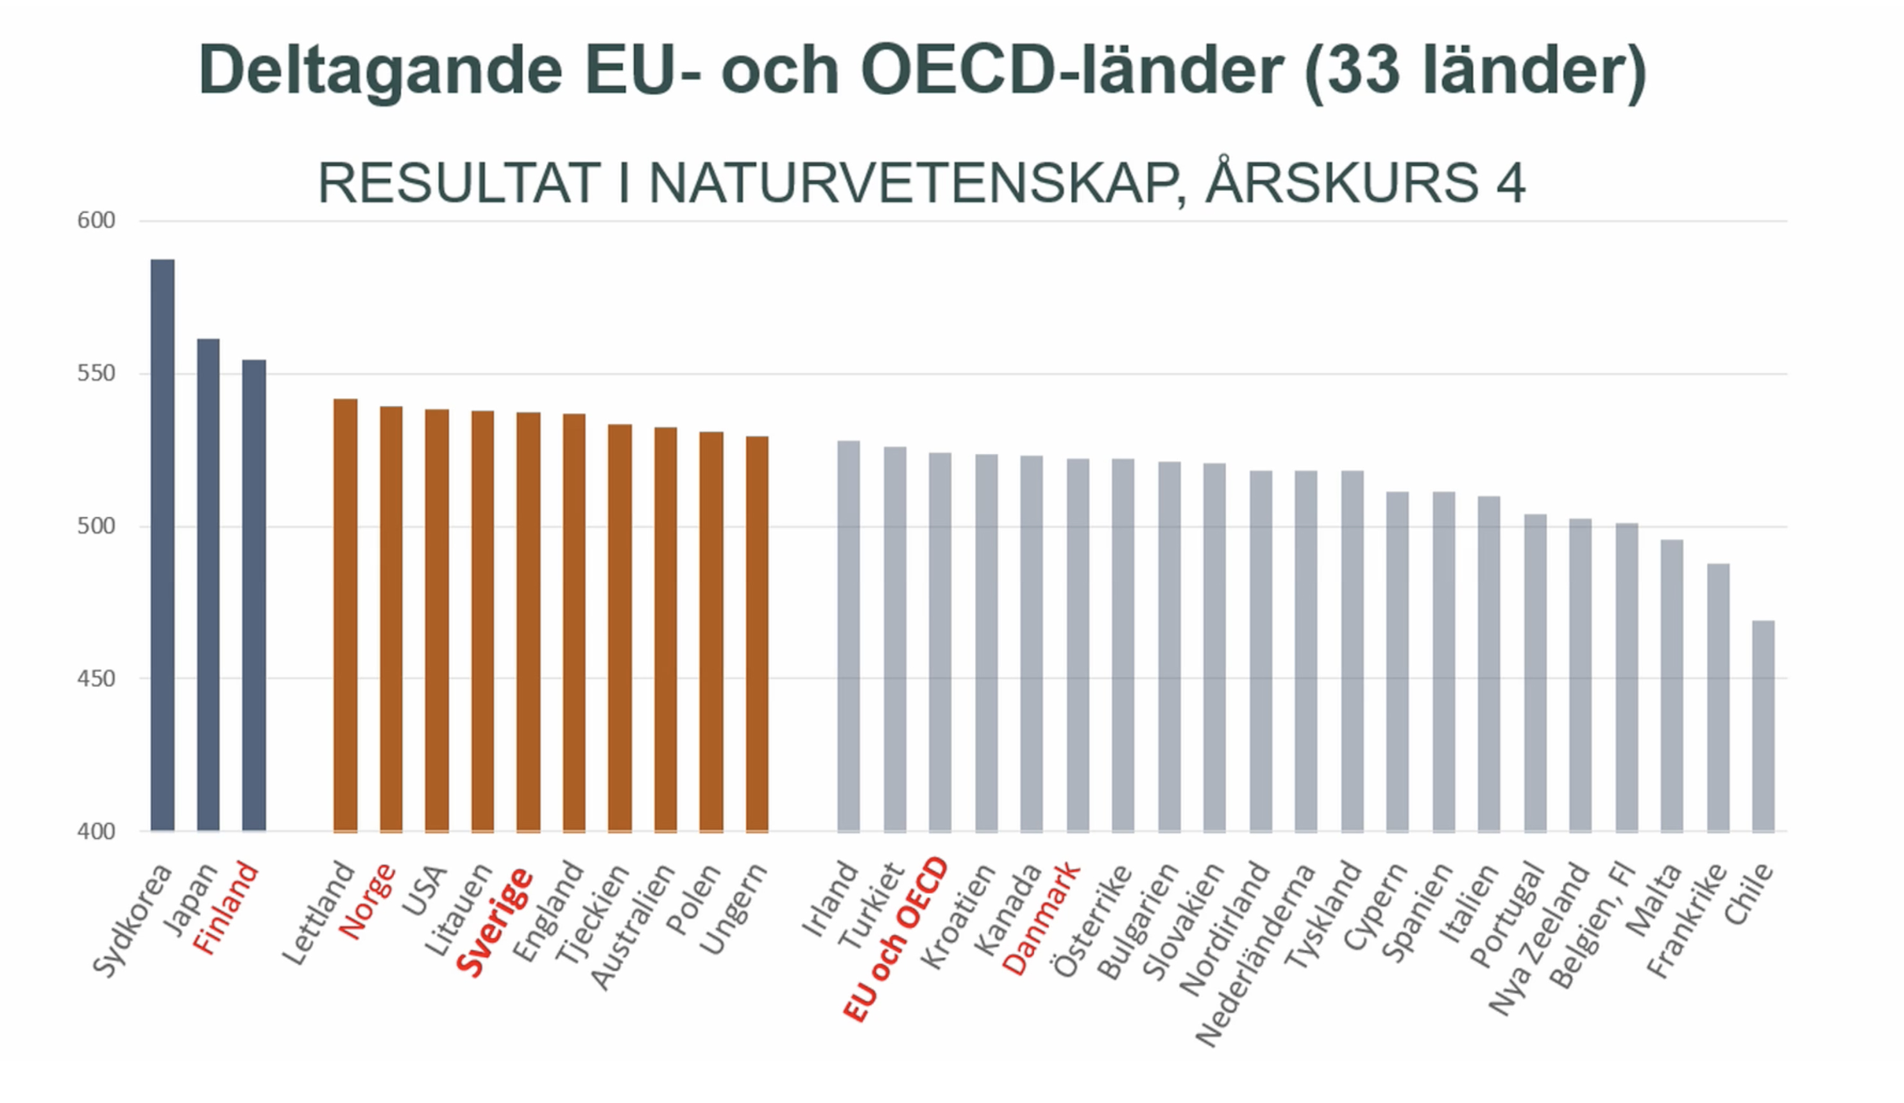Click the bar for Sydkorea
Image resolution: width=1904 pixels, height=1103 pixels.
tap(162, 544)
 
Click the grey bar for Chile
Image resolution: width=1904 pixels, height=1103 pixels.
tap(1763, 725)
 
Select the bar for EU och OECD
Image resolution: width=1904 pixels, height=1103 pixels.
tap(940, 641)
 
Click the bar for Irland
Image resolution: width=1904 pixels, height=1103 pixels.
tap(849, 636)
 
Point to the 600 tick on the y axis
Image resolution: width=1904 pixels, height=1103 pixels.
tap(96, 221)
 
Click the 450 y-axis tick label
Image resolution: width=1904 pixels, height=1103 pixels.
tap(96, 678)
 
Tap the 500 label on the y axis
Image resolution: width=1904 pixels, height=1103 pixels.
tap(96, 526)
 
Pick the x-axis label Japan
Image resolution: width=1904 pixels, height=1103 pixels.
tap(191, 899)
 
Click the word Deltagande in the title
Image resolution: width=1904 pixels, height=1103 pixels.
tap(381, 71)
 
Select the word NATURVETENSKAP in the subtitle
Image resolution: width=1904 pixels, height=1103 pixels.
tap(914, 183)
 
